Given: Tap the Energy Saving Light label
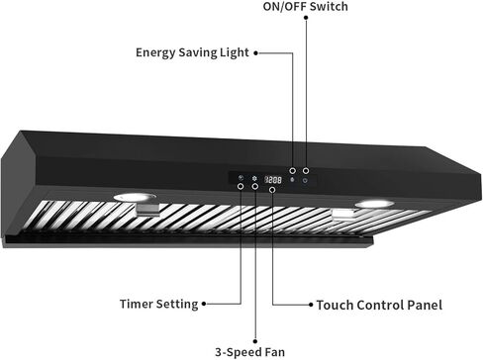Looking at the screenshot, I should coord(193,52).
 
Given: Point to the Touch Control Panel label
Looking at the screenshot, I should coord(379,305).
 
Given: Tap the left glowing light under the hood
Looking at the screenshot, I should coord(135,198).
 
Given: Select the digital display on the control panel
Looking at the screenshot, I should coord(273,180).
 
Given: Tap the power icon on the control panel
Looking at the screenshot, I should coord(306,180).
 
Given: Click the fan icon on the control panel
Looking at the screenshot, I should coord(254,180).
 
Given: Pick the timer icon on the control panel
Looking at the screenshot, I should coord(241,180).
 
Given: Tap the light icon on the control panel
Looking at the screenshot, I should coord(292,180).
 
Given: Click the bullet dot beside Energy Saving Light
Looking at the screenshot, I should coord(257,52).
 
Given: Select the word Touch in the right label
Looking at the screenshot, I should coord(333,305).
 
